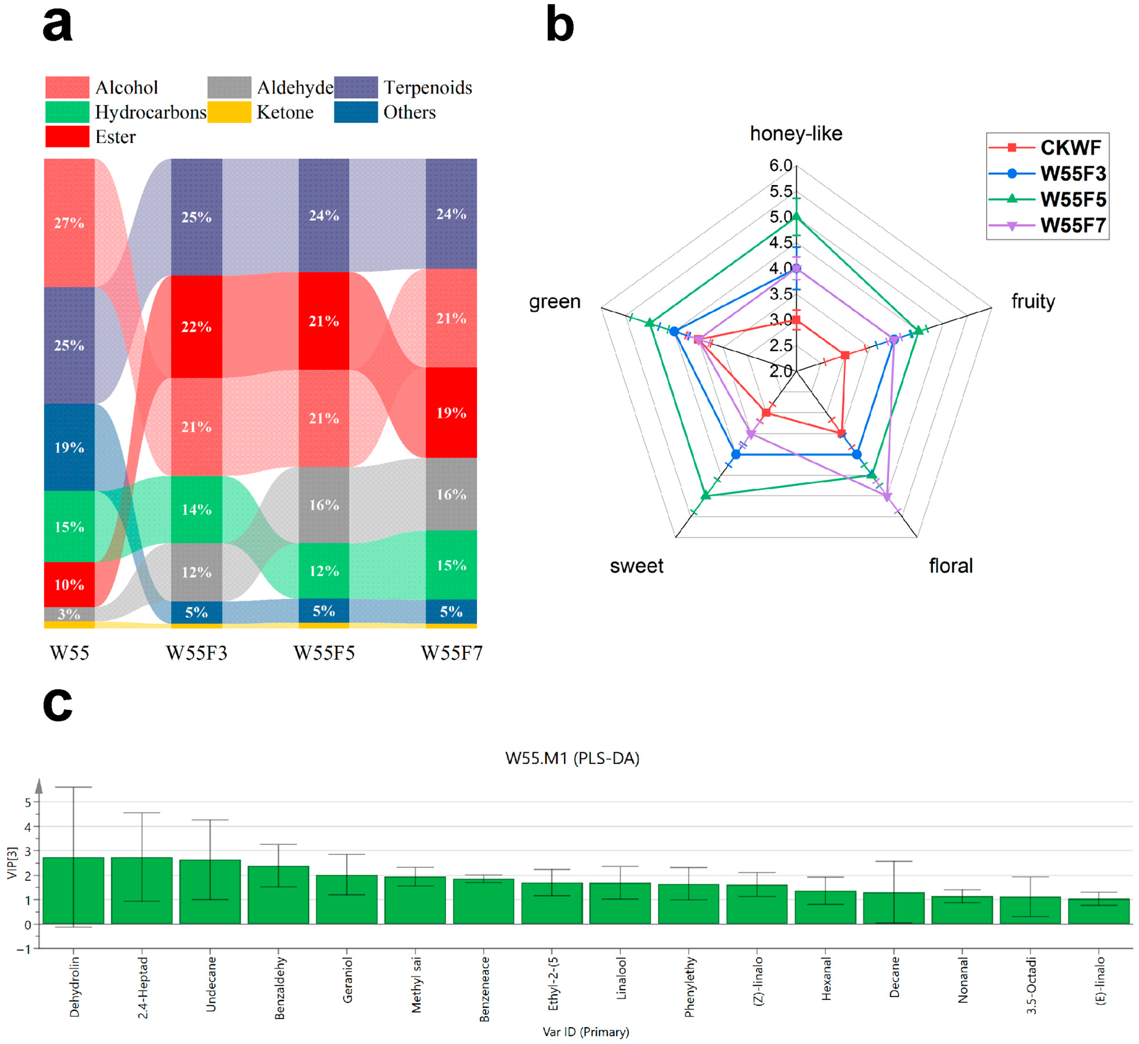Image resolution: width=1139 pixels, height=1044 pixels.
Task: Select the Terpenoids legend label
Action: coord(428,88)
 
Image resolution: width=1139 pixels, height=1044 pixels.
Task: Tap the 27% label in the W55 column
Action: coord(69,223)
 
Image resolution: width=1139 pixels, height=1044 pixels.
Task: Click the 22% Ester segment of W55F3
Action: coord(197,326)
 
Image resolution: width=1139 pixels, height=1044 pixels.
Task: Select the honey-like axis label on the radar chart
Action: coord(796,134)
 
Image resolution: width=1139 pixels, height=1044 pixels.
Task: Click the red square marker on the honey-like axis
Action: coord(796,320)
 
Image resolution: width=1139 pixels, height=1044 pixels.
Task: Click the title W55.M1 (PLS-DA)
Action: coord(572,758)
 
